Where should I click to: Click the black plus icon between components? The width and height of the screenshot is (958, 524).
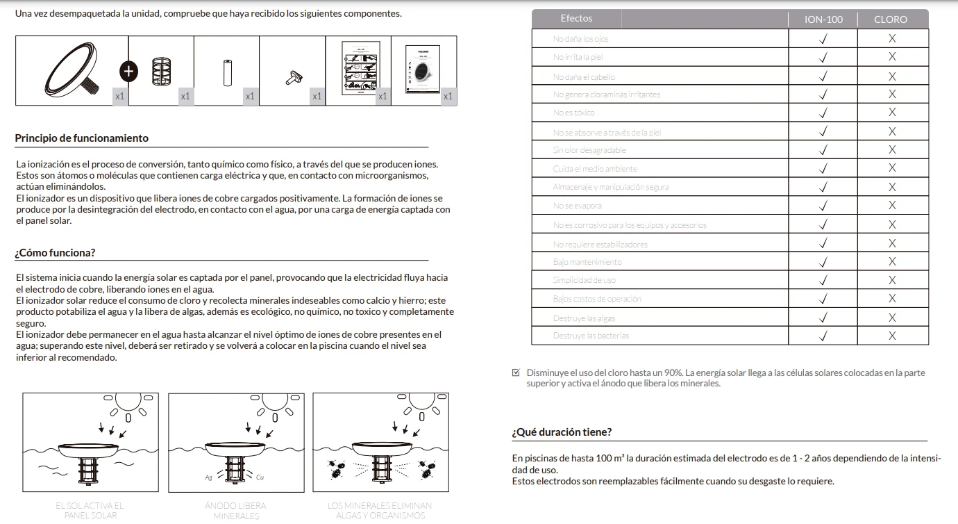click(128, 70)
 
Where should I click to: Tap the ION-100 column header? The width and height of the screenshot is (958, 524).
click(823, 19)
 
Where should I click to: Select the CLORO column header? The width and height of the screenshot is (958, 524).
click(891, 19)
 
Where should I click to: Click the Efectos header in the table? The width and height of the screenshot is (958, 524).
click(576, 19)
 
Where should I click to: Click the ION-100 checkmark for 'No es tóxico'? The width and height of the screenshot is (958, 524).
click(823, 113)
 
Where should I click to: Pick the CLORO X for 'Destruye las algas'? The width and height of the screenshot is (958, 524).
click(892, 318)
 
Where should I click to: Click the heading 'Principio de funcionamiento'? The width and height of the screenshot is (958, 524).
click(82, 138)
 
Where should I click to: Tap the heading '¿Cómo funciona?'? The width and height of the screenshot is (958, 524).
click(56, 252)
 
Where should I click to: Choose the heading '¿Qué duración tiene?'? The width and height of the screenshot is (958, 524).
click(562, 432)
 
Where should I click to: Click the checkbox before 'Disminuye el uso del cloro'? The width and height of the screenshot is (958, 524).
click(516, 372)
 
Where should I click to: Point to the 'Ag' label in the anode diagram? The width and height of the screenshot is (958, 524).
click(208, 477)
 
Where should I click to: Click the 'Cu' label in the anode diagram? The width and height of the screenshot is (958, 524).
click(260, 477)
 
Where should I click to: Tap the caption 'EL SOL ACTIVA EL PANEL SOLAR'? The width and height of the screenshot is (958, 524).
click(90, 511)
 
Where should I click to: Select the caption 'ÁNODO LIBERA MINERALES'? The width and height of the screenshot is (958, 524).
click(235, 511)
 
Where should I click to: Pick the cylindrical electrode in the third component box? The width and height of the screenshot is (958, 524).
click(226, 72)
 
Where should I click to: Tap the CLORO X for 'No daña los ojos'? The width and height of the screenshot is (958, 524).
click(892, 39)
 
